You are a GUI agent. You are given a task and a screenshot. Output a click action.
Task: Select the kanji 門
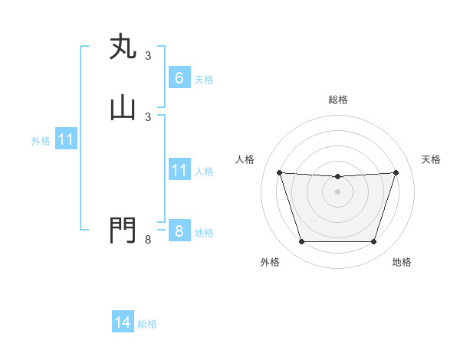[x=123, y=231]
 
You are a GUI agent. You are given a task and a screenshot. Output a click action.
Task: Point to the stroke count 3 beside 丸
[x=148, y=56]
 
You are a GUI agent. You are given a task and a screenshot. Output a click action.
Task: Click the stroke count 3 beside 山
[x=148, y=116]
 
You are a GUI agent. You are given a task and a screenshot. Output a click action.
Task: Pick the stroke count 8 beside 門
[x=148, y=241]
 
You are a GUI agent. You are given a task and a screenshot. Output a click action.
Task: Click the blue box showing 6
[x=179, y=78]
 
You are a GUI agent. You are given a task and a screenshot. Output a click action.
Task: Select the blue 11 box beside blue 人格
[x=179, y=170]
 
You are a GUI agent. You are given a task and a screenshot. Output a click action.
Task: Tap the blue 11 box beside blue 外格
[x=66, y=140]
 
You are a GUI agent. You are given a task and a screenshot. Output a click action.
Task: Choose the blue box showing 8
[x=179, y=231]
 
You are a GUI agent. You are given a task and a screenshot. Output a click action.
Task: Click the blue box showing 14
[x=123, y=323]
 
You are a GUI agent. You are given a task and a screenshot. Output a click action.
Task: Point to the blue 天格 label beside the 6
[x=204, y=80]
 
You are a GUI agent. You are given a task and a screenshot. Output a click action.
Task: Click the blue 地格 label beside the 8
[x=204, y=233]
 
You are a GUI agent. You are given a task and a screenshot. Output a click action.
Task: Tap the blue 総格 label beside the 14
[x=147, y=325]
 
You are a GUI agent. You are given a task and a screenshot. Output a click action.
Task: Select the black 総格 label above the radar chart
[x=338, y=100]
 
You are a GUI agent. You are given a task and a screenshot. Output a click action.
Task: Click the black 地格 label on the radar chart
[x=402, y=262]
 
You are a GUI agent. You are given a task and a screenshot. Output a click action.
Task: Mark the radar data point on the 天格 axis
[x=396, y=172]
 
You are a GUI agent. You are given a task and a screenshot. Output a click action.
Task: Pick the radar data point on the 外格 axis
[x=301, y=242]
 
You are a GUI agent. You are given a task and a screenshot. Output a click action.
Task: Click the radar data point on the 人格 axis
[x=279, y=172]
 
